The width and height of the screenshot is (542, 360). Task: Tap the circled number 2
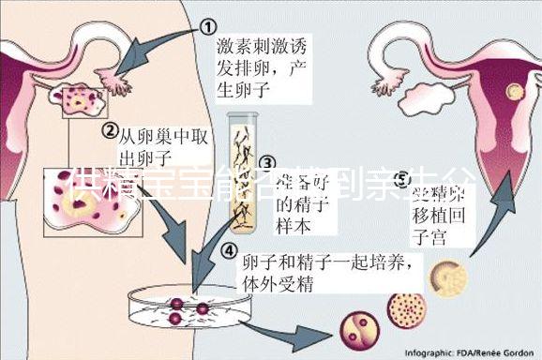click(x=110, y=129)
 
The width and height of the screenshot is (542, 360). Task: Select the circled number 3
click(x=267, y=165)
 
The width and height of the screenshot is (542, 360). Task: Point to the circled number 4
click(x=229, y=249)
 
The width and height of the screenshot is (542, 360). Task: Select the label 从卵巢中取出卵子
click(x=165, y=146)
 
